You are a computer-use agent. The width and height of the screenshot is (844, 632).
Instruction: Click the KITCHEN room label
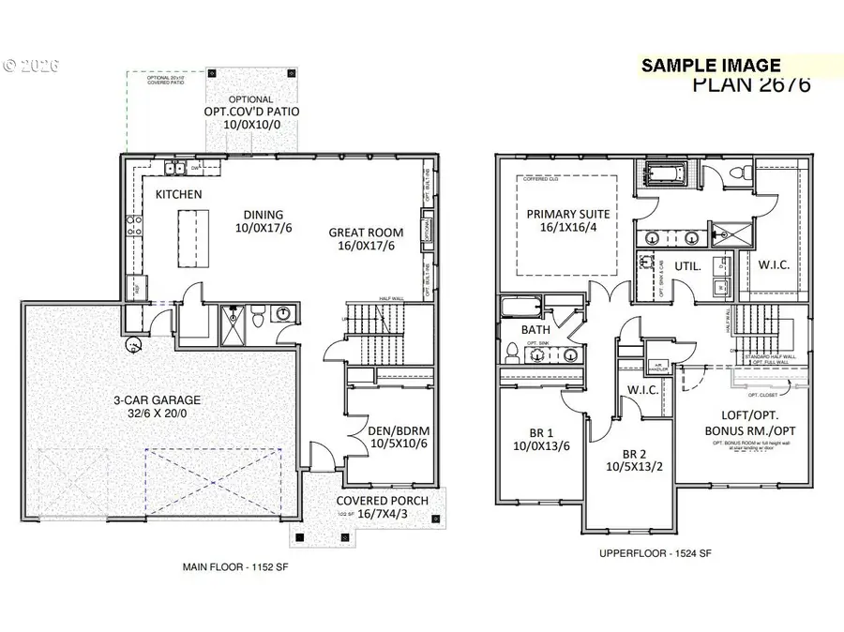click(x=178, y=194)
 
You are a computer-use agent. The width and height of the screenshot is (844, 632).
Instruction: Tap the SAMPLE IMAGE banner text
click(x=710, y=65)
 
